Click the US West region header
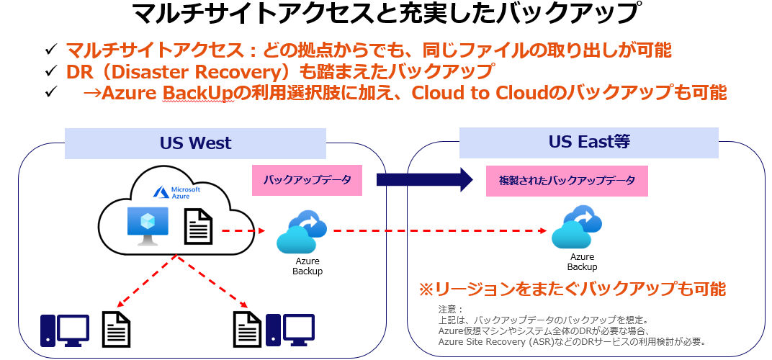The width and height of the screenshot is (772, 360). [195, 143]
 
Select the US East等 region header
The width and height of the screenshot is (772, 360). [589, 143]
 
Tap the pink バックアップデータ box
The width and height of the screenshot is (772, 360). [307, 180]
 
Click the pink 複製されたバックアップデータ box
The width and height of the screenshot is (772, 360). [567, 181]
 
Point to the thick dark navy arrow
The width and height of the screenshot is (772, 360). [424, 180]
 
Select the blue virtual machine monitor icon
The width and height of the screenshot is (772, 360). [148, 225]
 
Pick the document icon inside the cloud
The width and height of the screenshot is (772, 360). [199, 226]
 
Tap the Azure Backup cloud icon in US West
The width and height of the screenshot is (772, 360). [302, 233]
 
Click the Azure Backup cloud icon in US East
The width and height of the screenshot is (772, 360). [577, 227]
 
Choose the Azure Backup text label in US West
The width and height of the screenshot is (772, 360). [308, 266]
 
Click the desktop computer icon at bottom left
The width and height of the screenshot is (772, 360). [65, 330]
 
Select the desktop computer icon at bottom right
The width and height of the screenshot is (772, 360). [290, 330]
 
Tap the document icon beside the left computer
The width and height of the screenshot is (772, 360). [116, 330]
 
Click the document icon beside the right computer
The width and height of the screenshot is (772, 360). [247, 330]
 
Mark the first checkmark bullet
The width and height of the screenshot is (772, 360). [51, 50]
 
